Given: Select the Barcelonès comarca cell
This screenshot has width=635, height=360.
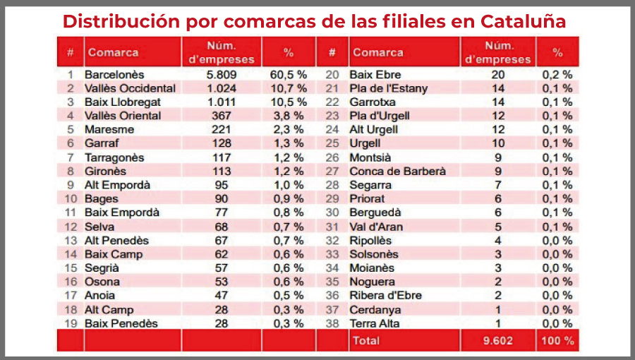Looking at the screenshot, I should point(114,74).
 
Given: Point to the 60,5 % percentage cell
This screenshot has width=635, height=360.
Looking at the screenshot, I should point(288,74).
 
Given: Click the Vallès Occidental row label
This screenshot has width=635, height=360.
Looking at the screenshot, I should point(130,88).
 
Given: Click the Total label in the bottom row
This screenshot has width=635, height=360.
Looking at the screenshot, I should point(366,340).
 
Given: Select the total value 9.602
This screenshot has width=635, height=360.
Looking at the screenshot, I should point(499,340).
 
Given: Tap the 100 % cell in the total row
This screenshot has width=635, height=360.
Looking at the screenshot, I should point(557,340).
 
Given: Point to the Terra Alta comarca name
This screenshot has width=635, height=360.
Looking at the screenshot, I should point(375,323).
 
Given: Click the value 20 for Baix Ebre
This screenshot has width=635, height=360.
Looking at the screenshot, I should point(499,74).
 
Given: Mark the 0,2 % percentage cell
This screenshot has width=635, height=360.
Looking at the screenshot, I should point(557,74).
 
